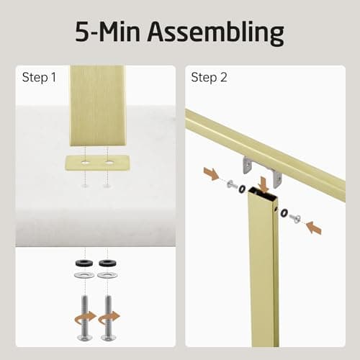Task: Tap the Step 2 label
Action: [208, 77]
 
